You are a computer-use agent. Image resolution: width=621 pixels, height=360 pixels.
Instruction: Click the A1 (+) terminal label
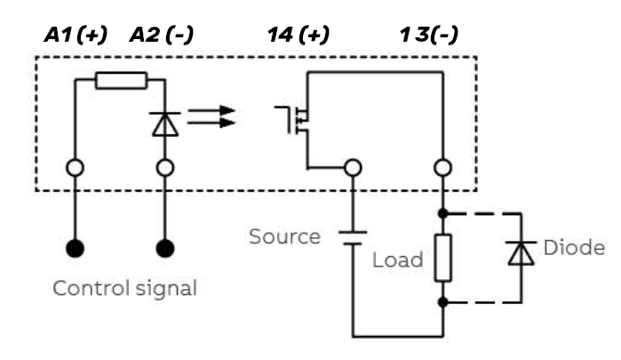76,36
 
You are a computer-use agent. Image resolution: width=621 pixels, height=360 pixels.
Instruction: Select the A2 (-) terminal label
162,36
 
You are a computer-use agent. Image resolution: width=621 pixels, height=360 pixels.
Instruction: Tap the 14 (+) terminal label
298,36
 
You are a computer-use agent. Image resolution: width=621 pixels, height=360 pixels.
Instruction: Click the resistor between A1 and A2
120,81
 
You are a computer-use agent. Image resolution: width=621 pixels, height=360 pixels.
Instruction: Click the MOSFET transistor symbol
297,120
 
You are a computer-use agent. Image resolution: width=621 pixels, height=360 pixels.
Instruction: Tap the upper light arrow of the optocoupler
213,111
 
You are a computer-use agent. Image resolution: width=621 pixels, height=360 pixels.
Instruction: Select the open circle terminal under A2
165,166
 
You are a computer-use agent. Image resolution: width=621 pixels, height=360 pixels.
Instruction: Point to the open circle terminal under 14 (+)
353,166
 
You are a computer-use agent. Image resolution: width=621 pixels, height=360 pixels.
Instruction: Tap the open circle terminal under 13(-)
442,166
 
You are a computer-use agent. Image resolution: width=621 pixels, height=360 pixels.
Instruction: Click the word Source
284,237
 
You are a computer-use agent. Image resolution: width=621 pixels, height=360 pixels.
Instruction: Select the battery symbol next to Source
353,236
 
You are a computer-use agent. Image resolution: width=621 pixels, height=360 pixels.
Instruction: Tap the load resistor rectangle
442,259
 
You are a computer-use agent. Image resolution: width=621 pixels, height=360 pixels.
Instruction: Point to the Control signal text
124,288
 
